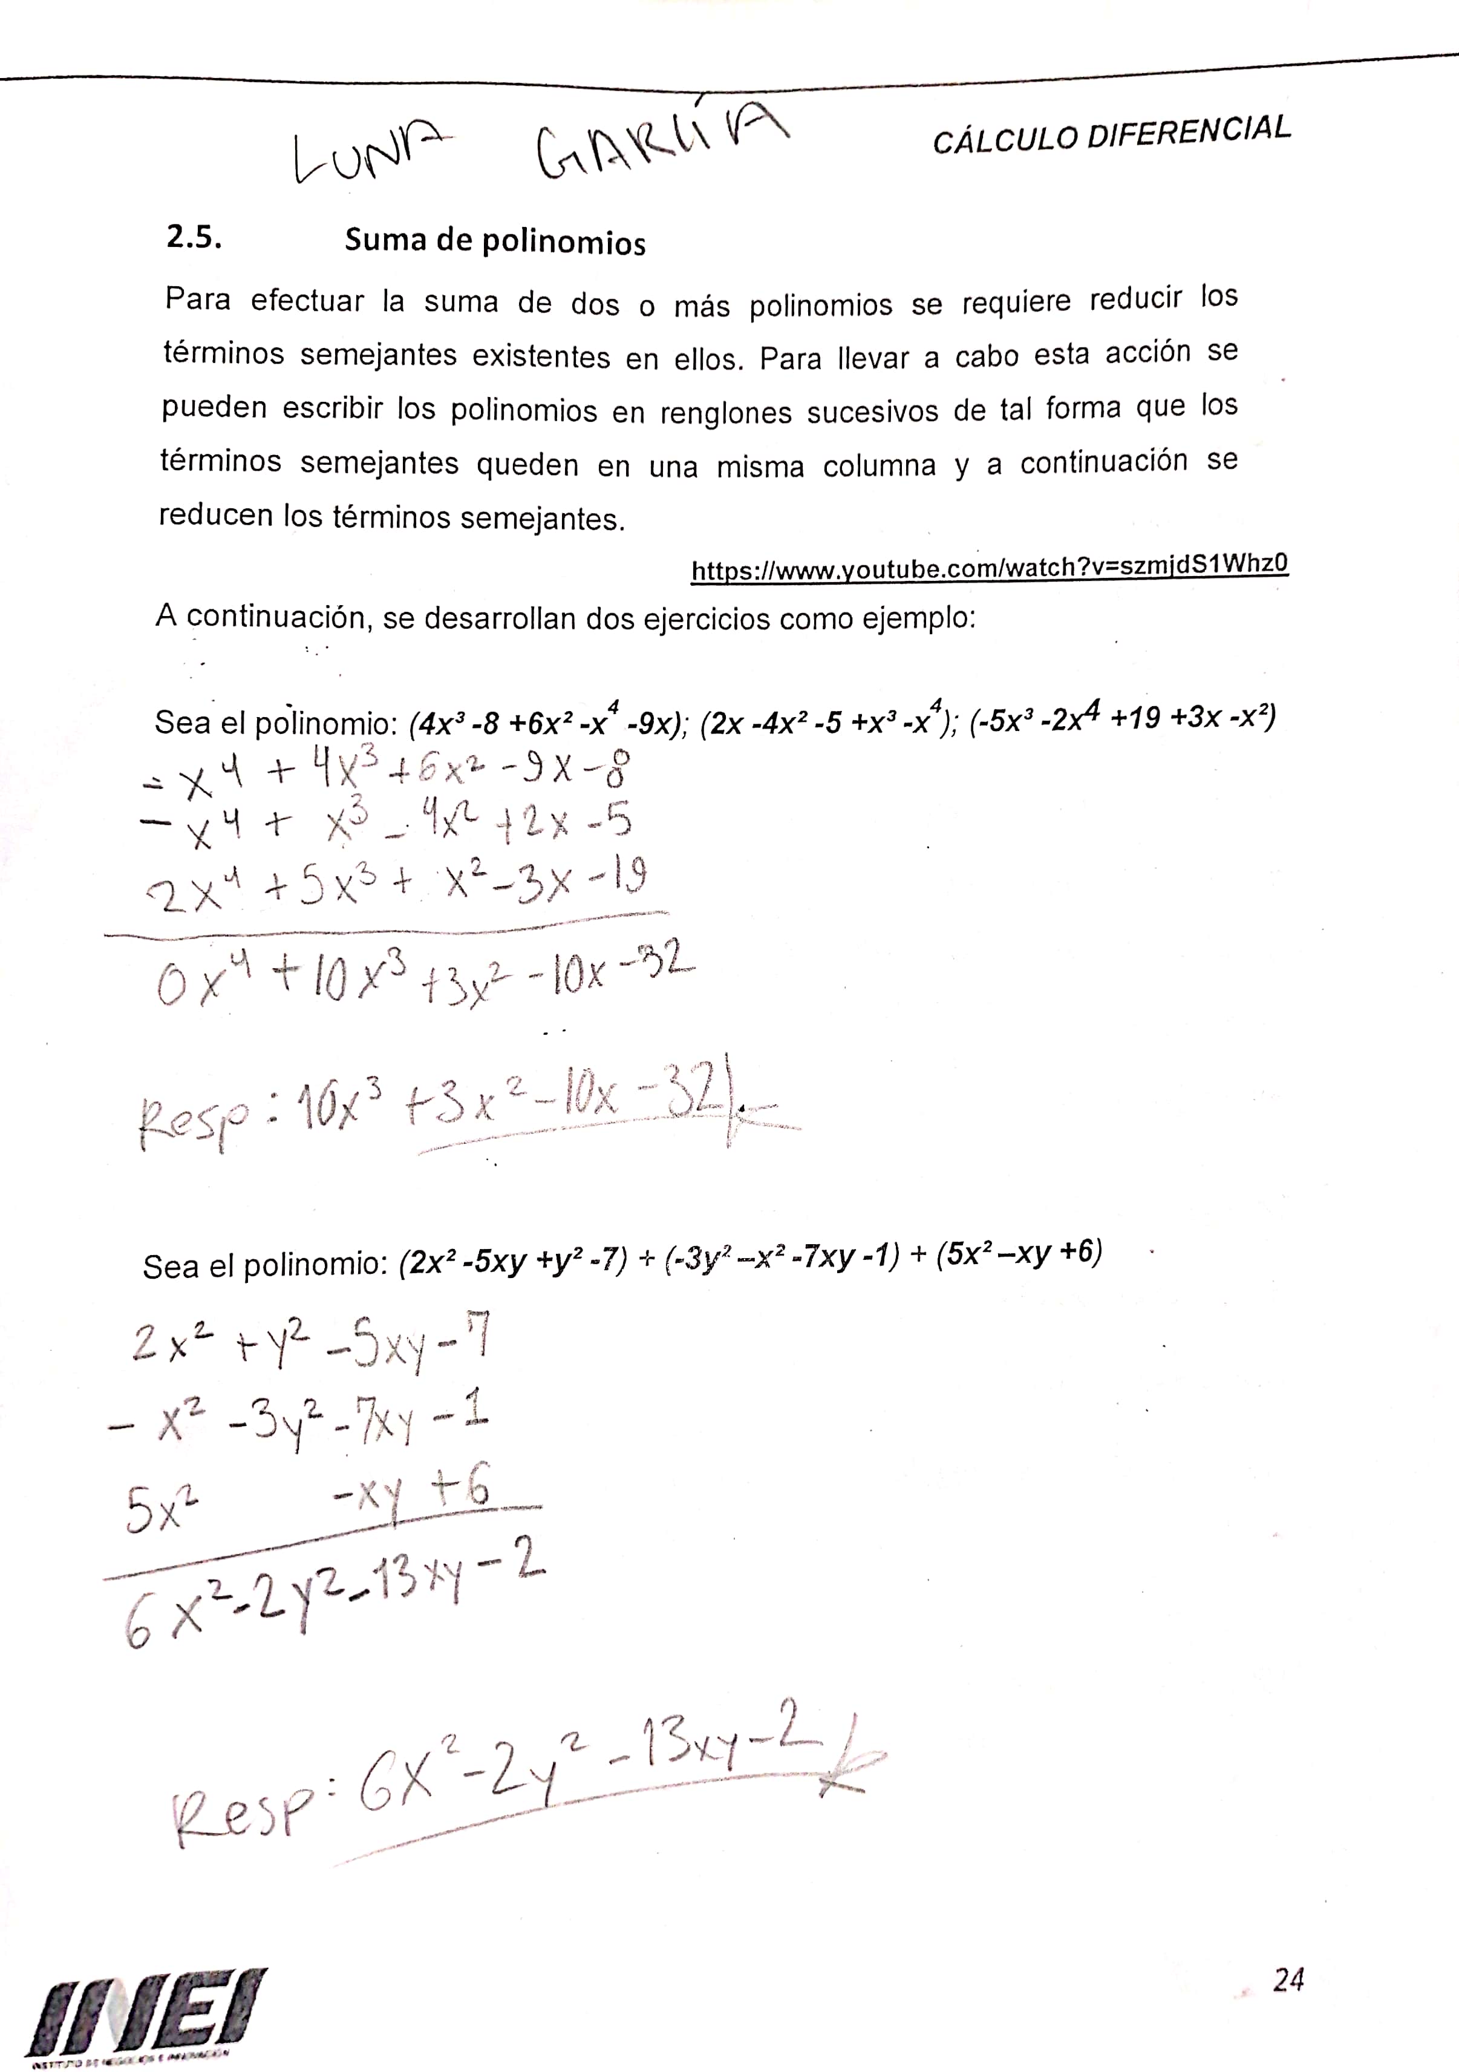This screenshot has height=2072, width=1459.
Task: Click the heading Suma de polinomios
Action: [x=495, y=242]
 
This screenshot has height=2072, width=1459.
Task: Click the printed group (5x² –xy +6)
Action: [x=1019, y=1253]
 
